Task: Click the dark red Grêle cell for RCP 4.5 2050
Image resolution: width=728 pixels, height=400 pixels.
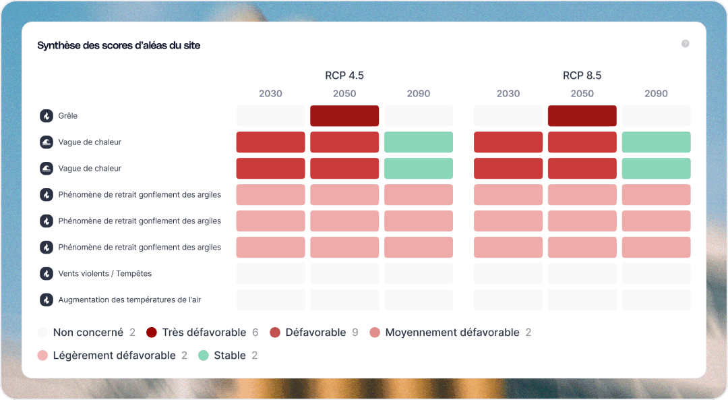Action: (x=344, y=116)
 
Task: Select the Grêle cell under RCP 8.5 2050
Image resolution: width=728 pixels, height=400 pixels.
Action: (x=582, y=116)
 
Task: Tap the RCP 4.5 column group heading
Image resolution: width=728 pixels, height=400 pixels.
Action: (x=344, y=76)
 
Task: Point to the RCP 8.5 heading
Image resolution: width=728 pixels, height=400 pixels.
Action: (x=582, y=76)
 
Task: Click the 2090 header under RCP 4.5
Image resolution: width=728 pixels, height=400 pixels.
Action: (x=419, y=94)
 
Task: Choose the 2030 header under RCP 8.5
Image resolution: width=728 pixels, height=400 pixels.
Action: (x=508, y=94)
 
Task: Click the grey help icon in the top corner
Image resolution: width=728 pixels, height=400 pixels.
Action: (x=685, y=44)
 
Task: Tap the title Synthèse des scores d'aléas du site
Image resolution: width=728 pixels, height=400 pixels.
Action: (x=119, y=45)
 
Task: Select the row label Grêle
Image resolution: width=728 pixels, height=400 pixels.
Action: (x=68, y=116)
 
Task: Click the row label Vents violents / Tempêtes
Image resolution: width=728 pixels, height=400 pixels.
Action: (x=105, y=274)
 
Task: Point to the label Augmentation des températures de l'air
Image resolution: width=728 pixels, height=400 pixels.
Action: (x=129, y=300)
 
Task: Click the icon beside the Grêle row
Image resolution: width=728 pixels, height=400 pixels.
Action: (x=47, y=116)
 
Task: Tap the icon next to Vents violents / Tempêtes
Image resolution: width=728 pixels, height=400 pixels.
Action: (x=47, y=274)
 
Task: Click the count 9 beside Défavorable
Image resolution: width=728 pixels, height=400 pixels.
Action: (x=355, y=333)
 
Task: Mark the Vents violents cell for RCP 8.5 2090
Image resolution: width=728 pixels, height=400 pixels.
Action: (x=656, y=274)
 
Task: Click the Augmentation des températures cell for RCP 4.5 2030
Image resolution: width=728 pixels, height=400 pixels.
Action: (x=270, y=300)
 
